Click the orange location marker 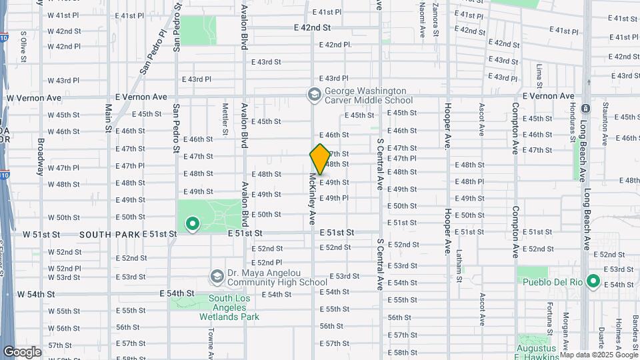pos(320,159)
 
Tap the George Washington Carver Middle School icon pos(313,95)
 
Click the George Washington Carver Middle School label pos(365,95)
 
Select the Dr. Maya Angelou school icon pos(217,277)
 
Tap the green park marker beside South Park pos(193,224)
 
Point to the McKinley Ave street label pos(311,199)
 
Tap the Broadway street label pos(41,155)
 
